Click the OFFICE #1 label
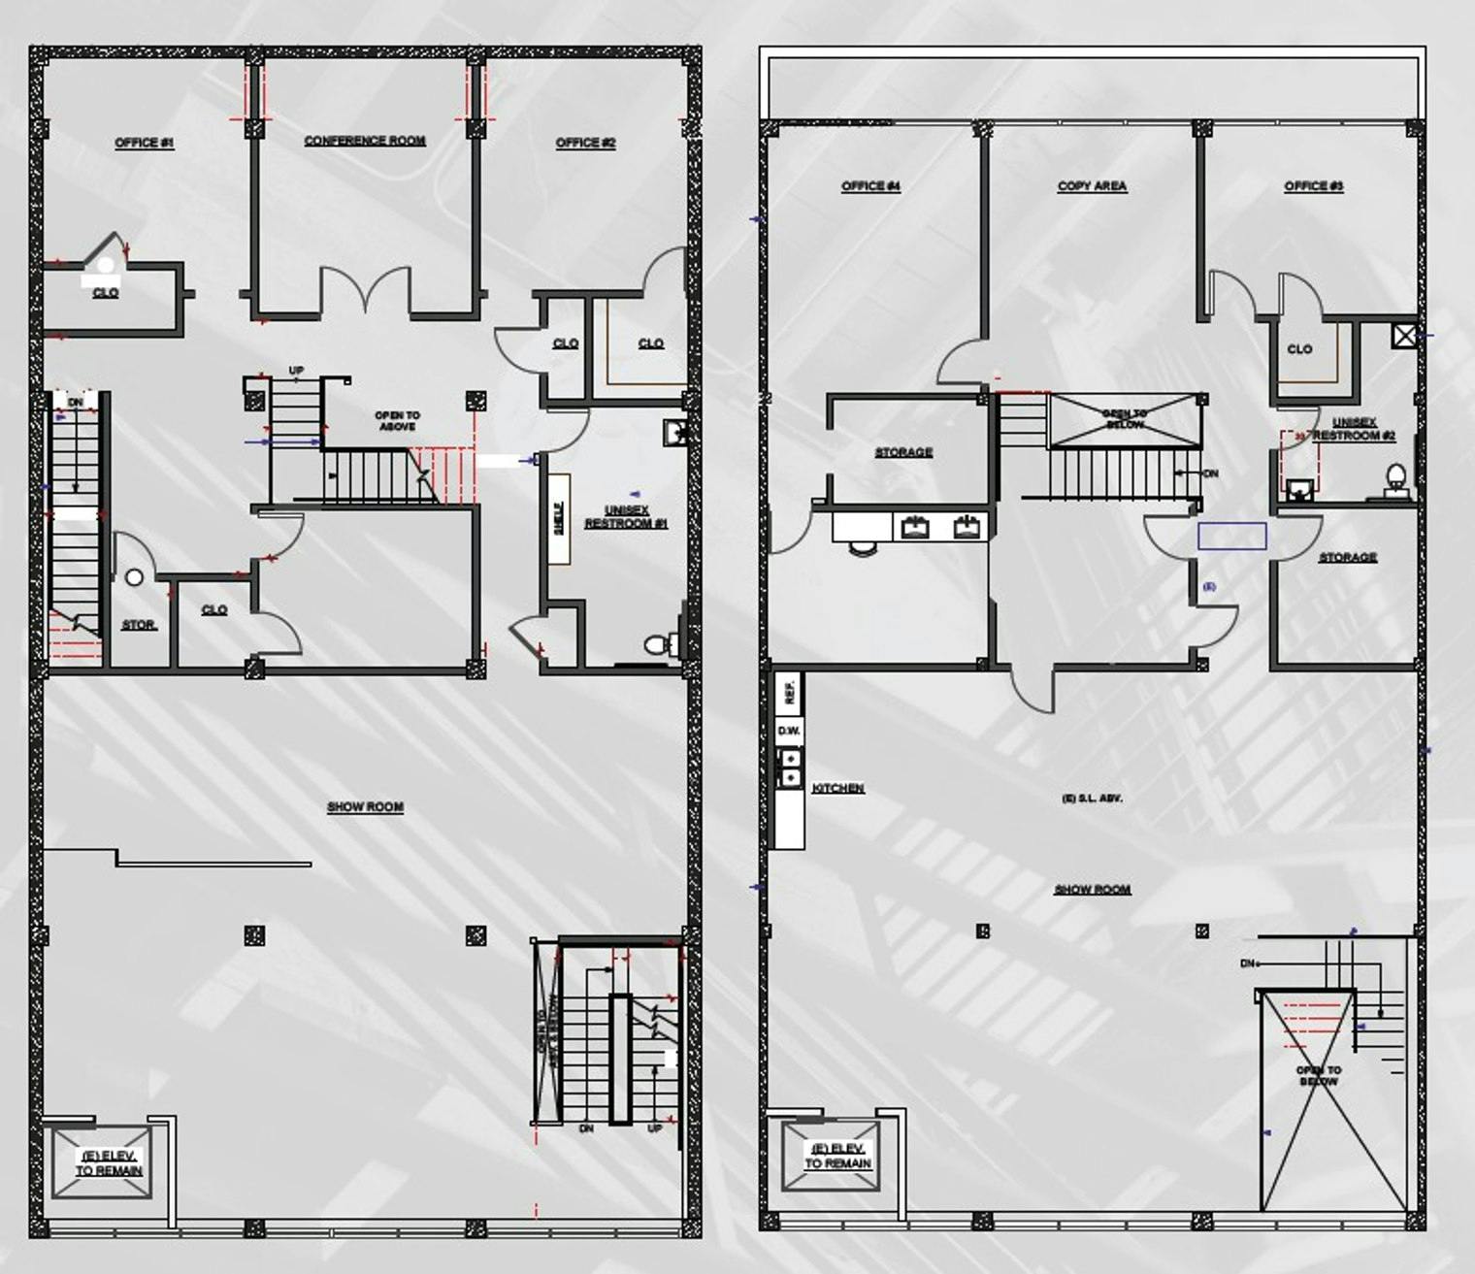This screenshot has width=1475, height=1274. pos(144,143)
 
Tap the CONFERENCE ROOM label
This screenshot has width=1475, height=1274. pos(365,141)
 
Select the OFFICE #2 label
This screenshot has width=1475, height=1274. pos(585,143)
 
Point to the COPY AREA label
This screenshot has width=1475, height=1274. pos(1092,186)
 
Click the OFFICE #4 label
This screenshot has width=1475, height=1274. pos(870,186)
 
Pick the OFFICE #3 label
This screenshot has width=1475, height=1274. pos(1313,186)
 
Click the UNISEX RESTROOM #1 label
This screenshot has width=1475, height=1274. pos(626,517)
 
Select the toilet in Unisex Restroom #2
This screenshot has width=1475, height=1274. pos(1395,477)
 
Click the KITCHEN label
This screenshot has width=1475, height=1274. pos(837,788)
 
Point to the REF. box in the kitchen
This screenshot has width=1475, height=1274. pos(789,692)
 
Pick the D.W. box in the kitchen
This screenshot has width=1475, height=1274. pos(788,731)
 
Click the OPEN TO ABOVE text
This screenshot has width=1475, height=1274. pos(397,421)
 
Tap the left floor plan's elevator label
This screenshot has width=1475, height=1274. pos(108,1163)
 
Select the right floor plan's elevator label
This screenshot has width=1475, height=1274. pos(837,1156)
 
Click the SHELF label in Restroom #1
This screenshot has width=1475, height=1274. pos(558,518)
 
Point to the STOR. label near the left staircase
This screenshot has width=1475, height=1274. pos(139,625)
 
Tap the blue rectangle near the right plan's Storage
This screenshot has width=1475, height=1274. pos(1231,536)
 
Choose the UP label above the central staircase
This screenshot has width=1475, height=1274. pos(296,371)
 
